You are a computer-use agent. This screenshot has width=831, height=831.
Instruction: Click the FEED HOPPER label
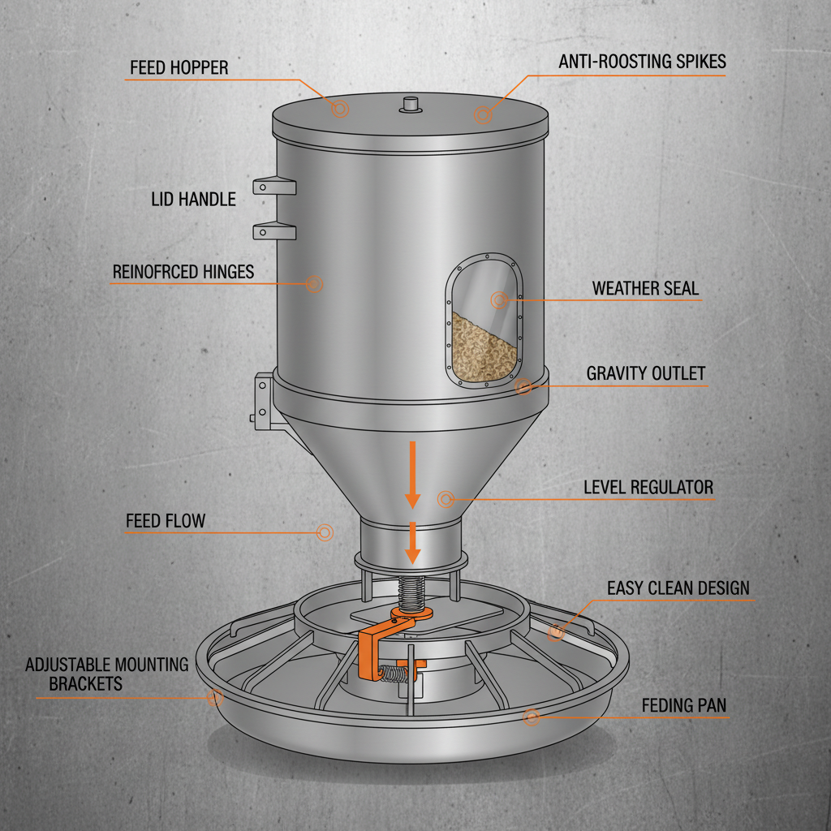point(179,67)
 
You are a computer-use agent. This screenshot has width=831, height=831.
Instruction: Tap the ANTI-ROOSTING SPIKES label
point(642,62)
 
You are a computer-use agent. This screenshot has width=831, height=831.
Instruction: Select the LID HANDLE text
point(193,199)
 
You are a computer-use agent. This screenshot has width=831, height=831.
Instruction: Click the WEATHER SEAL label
point(644,289)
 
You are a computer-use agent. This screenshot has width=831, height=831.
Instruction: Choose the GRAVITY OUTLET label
point(645,374)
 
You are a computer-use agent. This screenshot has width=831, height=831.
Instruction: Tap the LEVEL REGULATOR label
point(648,488)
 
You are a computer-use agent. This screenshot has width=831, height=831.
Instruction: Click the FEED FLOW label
point(166,521)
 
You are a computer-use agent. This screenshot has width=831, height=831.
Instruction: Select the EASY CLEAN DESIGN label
point(678,588)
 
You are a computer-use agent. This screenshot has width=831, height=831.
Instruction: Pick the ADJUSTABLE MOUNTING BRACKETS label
point(106,674)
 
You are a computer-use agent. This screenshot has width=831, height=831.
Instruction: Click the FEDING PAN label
point(683,706)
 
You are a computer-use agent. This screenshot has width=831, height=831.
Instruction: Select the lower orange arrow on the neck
point(413,543)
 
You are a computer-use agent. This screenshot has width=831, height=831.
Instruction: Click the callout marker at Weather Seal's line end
point(498,301)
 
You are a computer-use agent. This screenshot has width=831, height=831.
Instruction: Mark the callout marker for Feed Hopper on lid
point(340,109)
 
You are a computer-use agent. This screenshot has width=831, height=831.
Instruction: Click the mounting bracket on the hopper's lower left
point(263,399)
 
